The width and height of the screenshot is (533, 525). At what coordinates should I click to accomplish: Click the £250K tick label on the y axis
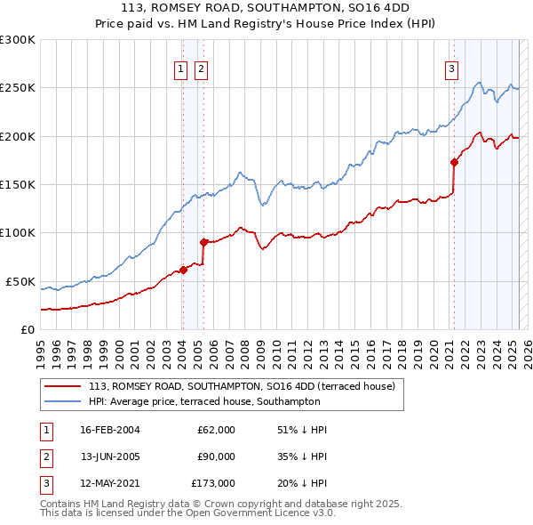[19, 88]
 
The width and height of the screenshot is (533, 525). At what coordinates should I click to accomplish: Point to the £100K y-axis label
[19, 233]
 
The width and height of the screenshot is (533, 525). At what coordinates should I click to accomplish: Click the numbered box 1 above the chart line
[181, 69]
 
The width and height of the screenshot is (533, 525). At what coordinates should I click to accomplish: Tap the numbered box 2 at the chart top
[201, 69]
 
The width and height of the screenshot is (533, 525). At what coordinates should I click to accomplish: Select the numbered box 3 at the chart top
[451, 69]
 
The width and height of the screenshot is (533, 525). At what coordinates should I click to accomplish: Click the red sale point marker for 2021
[454, 162]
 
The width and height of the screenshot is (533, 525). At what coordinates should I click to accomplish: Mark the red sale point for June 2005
[203, 242]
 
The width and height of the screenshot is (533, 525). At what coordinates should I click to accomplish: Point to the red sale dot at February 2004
[183, 270]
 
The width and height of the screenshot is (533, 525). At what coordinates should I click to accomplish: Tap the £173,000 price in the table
[213, 483]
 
